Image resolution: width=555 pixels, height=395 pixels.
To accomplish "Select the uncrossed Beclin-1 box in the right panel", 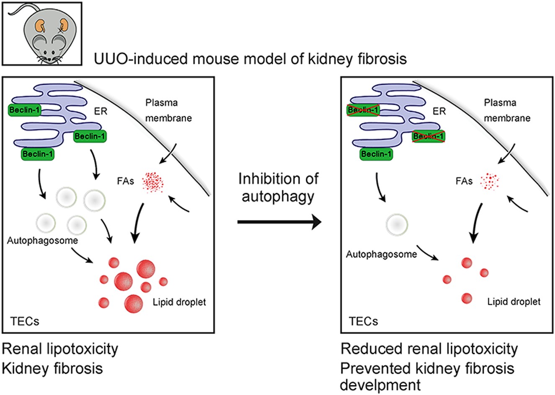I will click(377, 154).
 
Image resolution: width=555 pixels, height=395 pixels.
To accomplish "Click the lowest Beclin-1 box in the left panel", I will click(38, 154).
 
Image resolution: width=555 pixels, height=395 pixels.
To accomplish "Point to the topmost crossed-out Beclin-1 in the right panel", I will click(363, 110).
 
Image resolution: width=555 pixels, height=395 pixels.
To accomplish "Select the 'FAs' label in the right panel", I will click(464, 181).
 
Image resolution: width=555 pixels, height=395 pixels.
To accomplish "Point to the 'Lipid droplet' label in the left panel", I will click(179, 301).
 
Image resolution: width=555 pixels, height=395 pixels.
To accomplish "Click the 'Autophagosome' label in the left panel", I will click(43, 240).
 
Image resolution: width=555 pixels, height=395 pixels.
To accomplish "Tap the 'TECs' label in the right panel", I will click(363, 322).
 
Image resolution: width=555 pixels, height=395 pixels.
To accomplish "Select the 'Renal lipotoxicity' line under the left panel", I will click(60, 349).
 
